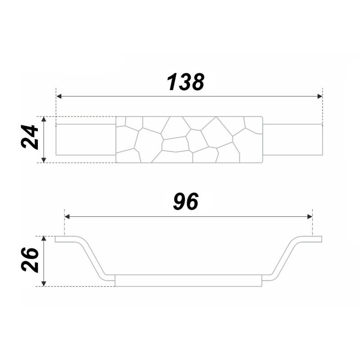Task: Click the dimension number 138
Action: coord(185,82)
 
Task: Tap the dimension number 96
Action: coord(186,202)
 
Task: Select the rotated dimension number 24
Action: coord(29,137)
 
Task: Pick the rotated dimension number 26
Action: coord(30,260)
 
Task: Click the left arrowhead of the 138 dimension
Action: coord(59,96)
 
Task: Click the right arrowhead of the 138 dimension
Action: coord(320,96)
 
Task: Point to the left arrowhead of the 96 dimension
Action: coord(67,216)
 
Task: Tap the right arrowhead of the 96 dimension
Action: coord(310,216)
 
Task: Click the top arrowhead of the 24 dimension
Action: coord(44,119)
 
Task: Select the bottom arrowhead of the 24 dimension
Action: coord(44,160)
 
